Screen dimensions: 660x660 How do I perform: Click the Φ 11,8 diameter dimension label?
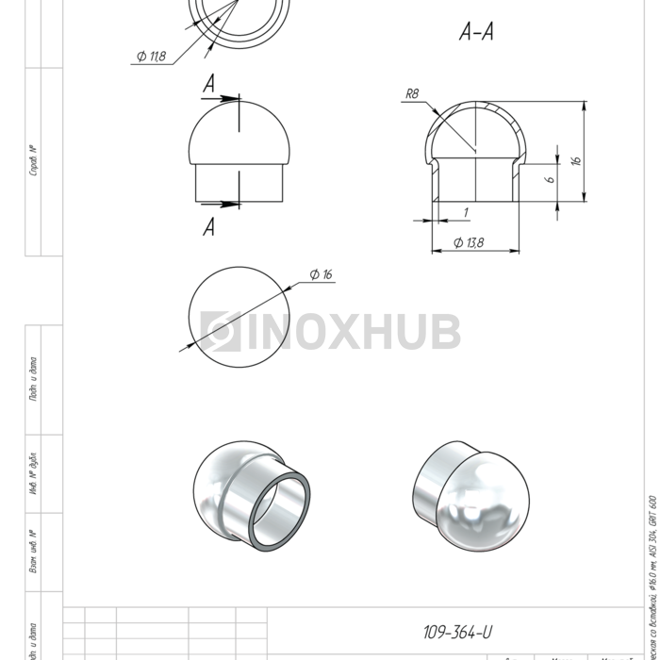151,57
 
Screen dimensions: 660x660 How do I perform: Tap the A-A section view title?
476,33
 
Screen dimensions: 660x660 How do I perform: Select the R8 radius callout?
411,93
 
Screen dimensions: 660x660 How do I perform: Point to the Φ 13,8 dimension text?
469,242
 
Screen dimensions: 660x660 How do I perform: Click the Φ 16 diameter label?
321,274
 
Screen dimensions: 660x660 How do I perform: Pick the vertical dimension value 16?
576,160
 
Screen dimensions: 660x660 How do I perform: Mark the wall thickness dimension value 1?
466,212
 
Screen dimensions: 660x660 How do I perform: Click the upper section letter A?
209,85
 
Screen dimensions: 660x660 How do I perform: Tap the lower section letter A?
209,227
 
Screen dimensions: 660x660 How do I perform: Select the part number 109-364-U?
457,632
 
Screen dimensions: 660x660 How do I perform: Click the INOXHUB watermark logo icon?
221,332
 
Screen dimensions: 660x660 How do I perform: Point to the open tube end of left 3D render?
280,514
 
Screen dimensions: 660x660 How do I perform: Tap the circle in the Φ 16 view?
241,311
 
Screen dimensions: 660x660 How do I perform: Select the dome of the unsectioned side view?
241,132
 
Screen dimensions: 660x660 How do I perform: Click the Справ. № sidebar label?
34,160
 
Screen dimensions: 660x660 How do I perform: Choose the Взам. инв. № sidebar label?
34,552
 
